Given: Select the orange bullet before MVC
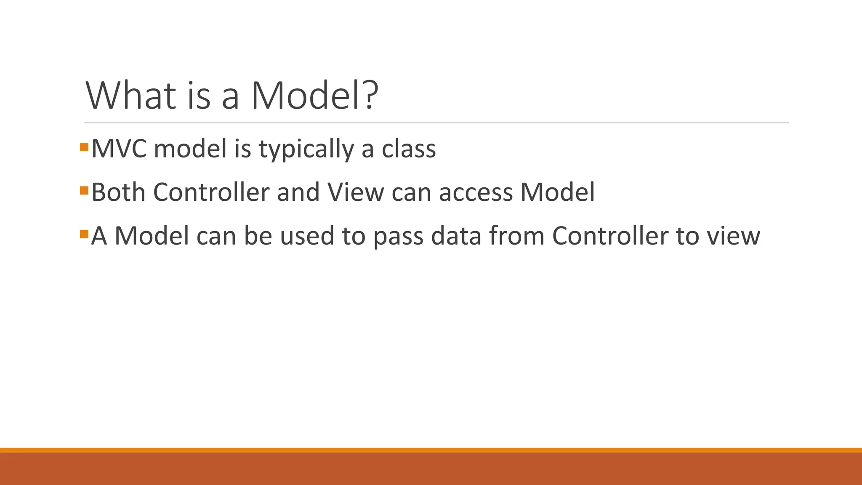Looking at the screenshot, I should pyautogui.click(x=84, y=147).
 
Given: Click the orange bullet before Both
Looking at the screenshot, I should pyautogui.click(x=84, y=190).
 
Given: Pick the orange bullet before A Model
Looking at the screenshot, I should pyautogui.click(x=84, y=234).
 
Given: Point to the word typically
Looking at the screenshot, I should pyautogui.click(x=306, y=149).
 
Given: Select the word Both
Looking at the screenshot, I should pyautogui.click(x=118, y=192).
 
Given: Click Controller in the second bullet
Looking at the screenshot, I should pyautogui.click(x=211, y=192).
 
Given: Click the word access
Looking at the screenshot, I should pyautogui.click(x=476, y=193).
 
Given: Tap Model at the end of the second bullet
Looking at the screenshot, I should pyautogui.click(x=557, y=192).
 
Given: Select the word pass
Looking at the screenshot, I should pyautogui.click(x=398, y=236).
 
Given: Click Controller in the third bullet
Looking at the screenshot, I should pyautogui.click(x=610, y=235).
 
